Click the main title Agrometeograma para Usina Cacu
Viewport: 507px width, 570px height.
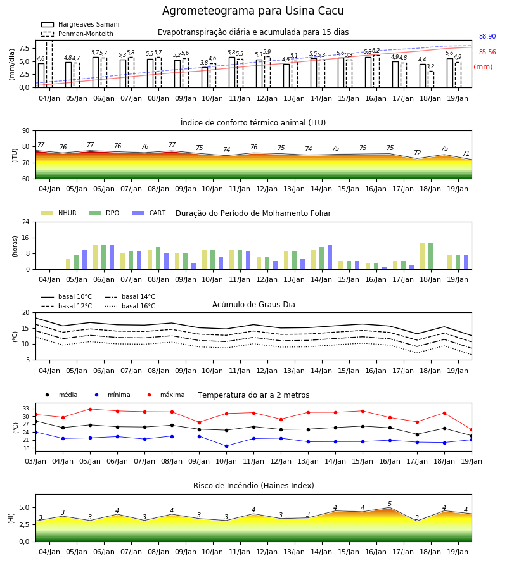253,11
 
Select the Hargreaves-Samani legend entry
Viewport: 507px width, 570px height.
80,24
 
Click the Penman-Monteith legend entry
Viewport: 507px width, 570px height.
77,34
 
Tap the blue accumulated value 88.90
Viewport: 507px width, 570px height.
487,36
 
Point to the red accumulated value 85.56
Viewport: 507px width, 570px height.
487,52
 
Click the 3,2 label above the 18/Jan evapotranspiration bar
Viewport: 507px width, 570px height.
430,66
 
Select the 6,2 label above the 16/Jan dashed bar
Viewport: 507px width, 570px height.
376,51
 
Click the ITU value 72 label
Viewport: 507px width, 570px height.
417,153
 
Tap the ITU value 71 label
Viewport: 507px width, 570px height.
466,153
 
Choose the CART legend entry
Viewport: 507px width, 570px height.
149,213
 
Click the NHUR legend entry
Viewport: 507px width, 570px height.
59,213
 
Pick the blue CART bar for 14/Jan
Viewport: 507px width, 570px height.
330,257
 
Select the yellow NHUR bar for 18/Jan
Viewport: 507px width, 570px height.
422,256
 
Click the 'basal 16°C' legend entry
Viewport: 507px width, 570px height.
130,306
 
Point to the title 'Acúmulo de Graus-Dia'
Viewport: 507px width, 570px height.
253,305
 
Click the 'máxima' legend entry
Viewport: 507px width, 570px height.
164,395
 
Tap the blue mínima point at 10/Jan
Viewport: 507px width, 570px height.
227,446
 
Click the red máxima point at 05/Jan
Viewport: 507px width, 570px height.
90,409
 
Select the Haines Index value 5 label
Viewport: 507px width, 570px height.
390,503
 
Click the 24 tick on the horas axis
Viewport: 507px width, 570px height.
26,222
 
